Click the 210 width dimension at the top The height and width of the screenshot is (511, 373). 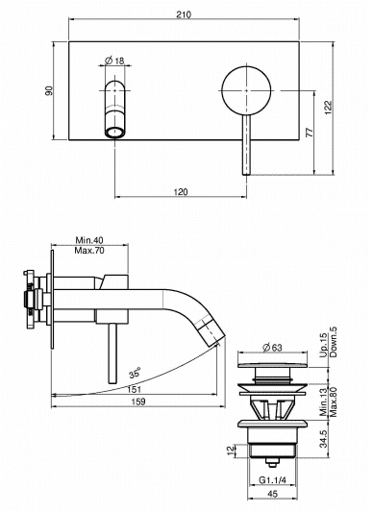(x=184, y=14)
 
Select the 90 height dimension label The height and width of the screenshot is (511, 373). (x=49, y=90)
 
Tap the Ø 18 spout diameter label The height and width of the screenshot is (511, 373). (x=114, y=61)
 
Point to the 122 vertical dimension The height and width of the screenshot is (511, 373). (x=329, y=108)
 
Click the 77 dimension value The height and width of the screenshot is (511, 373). (x=310, y=133)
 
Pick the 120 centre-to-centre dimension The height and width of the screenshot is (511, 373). (x=181, y=192)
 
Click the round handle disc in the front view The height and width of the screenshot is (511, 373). (x=246, y=90)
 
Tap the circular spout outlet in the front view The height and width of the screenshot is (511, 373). (x=114, y=133)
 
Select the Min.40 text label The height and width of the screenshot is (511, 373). (x=89, y=240)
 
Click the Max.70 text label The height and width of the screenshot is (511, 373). (x=89, y=251)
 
